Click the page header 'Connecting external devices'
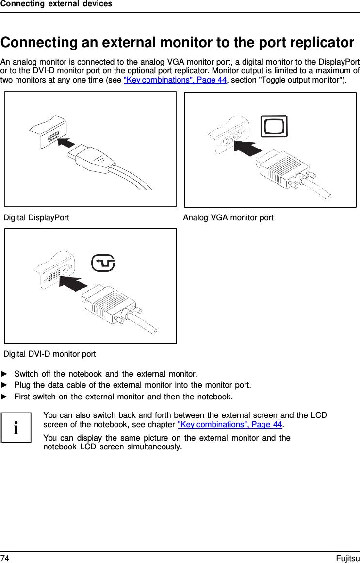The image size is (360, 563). coord(56,4)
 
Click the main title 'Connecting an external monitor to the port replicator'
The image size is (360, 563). coord(177,43)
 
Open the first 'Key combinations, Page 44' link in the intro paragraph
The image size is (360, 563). coord(175,80)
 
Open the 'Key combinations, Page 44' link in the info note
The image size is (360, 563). coord(230,425)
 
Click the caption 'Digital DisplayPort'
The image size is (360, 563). coord(36,217)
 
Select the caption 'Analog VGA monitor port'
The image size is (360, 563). coord(228,217)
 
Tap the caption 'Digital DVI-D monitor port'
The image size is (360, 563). coord(49,354)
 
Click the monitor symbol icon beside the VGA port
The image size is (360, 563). coord(274,127)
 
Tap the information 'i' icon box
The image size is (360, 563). coord(16,428)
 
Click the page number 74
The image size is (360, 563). coord(5,558)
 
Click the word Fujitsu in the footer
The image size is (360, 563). coord(347,558)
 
